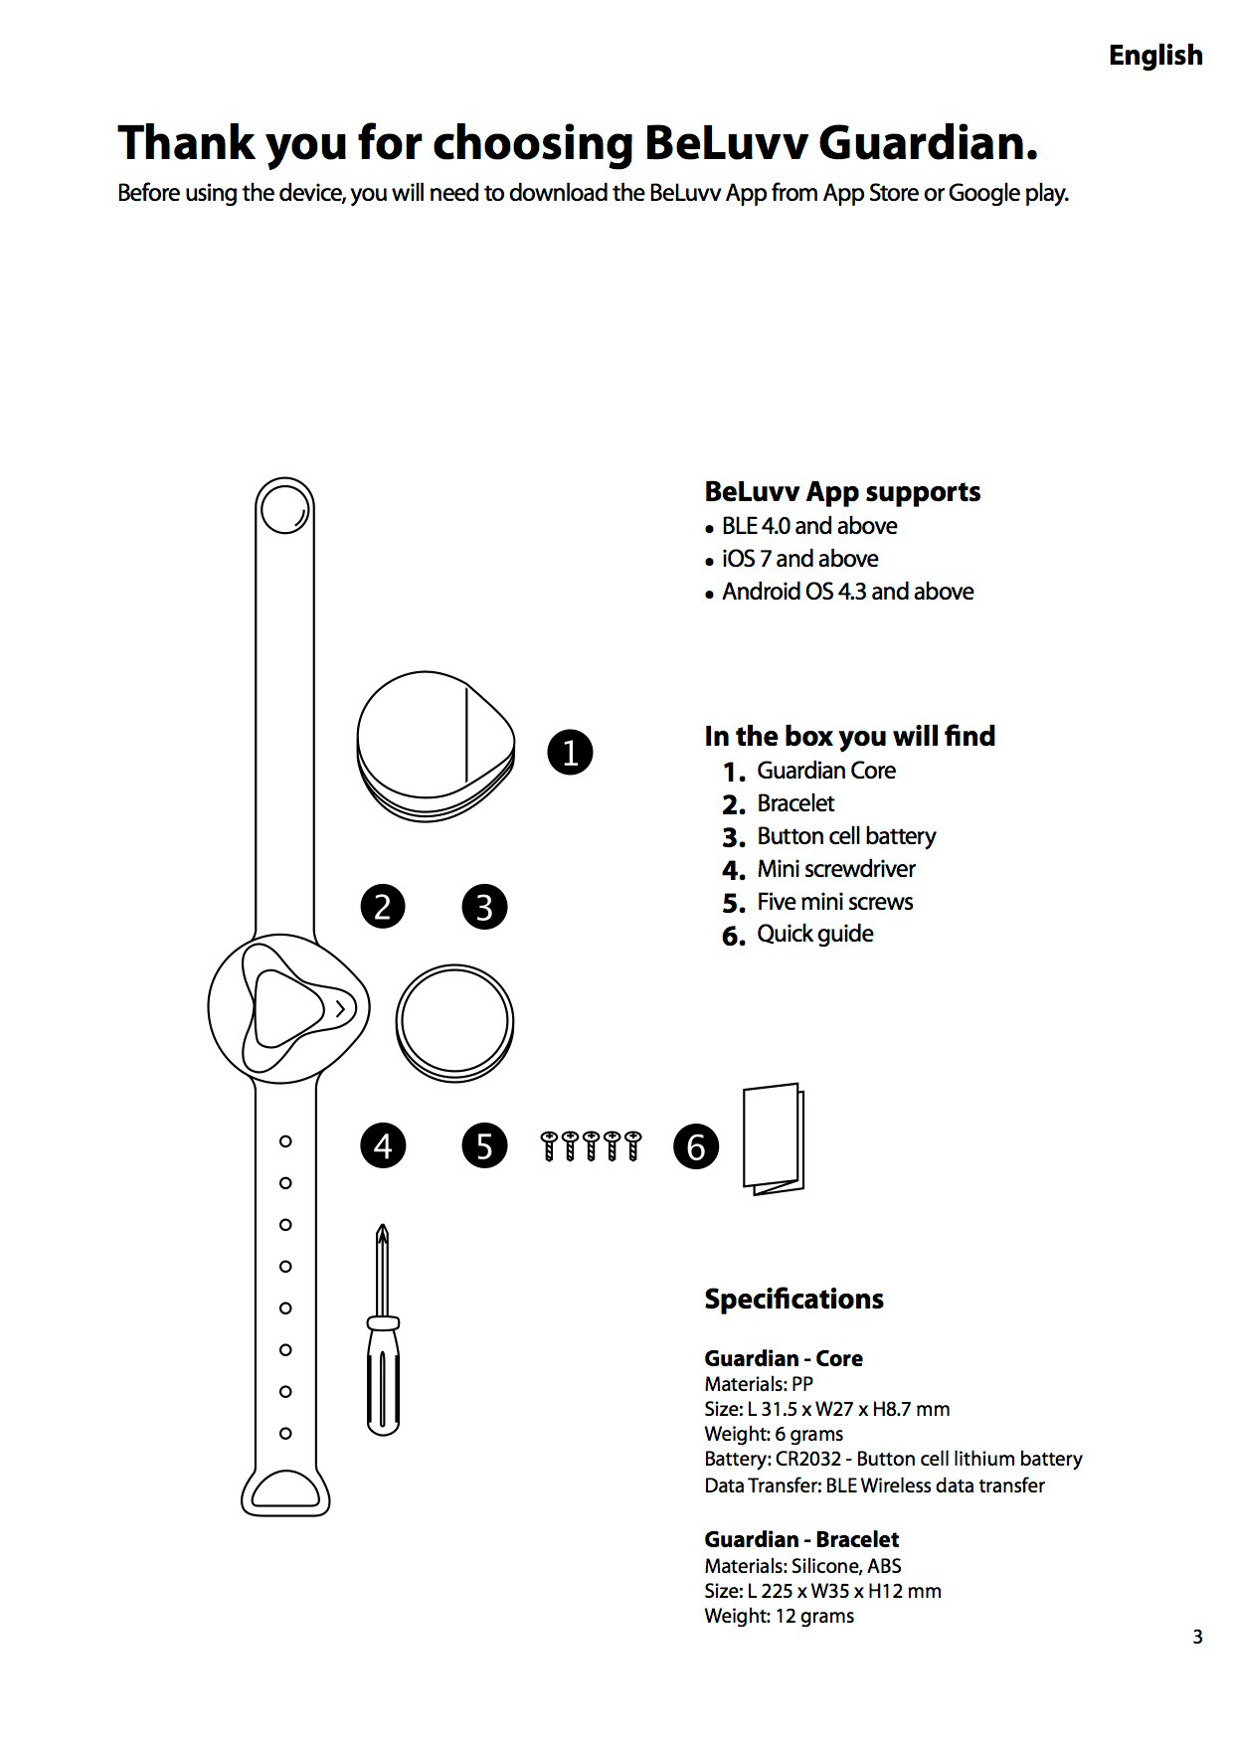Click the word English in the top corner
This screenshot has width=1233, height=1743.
click(x=1155, y=56)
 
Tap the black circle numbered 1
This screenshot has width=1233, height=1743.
click(x=570, y=752)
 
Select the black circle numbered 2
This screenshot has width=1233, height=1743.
click(x=383, y=907)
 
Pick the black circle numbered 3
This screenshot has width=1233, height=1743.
click(x=484, y=907)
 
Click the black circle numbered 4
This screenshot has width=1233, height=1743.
click(x=383, y=1146)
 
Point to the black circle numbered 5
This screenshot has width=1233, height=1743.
click(x=484, y=1146)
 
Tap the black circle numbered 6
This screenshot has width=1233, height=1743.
click(x=696, y=1146)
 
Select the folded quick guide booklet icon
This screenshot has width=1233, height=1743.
click(x=773, y=1138)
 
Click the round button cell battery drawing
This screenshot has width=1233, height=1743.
click(x=454, y=1021)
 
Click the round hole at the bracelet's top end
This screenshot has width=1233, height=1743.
click(x=283, y=513)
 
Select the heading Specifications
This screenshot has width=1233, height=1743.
click(x=793, y=1299)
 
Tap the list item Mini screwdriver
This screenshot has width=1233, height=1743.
click(x=835, y=869)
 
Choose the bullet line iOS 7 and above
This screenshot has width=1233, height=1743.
click(x=799, y=559)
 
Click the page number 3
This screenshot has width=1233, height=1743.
click(x=1197, y=1637)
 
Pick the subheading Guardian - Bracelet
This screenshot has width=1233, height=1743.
click(x=801, y=1539)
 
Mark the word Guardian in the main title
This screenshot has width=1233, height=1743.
click(x=927, y=143)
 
